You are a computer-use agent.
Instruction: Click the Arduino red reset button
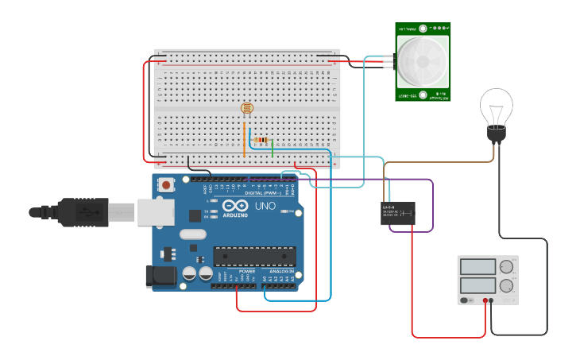pyautogui.click(x=166, y=185)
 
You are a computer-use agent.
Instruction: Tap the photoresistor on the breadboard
pyautogui.click(x=246, y=108)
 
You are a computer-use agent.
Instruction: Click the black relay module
pyautogui.click(x=398, y=213)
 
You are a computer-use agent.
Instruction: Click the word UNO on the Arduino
pyautogui.click(x=265, y=206)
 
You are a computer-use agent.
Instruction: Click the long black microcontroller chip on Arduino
pyautogui.click(x=253, y=256)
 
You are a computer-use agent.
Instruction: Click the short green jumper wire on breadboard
pyautogui.click(x=273, y=147)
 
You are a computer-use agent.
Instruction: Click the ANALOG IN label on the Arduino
pyautogui.click(x=279, y=271)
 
